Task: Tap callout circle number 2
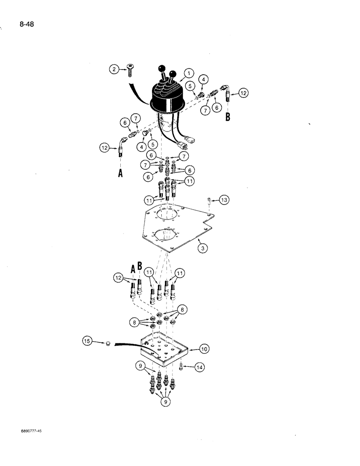click(x=114, y=70)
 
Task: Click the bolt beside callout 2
click(x=129, y=71)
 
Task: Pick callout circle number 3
click(x=202, y=248)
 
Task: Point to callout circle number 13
click(x=224, y=200)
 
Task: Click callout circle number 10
click(x=204, y=349)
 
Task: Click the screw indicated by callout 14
click(x=180, y=368)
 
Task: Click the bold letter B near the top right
click(x=228, y=116)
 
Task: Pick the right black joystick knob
click(x=173, y=73)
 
